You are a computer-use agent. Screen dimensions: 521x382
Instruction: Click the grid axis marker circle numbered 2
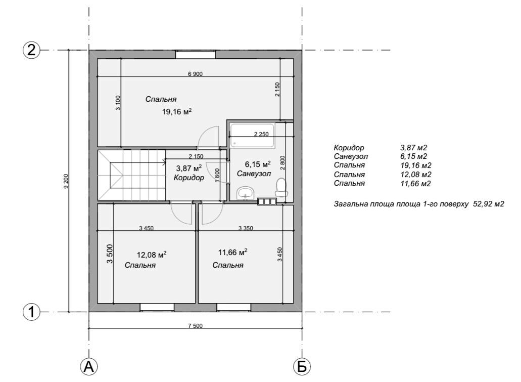coord(31,50)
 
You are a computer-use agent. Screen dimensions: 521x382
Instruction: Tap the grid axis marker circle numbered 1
coord(31,313)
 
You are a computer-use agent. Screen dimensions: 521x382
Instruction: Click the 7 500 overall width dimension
coord(196,326)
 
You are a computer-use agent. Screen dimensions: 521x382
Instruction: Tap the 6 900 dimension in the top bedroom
coord(195,74)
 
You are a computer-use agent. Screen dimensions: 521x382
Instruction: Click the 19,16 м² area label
coord(177,111)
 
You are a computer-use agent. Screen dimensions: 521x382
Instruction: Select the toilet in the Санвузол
coord(281,187)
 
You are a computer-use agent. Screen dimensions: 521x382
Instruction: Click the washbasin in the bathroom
coord(245,193)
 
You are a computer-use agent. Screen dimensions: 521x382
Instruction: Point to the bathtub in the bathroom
coord(253,136)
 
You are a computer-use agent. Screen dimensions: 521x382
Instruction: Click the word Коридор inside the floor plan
coord(188,178)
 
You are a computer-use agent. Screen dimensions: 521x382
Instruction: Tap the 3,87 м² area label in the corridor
coord(188,168)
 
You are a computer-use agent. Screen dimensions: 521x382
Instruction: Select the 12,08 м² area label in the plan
coord(152,255)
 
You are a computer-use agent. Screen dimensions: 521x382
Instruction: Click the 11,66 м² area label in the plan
coord(232,252)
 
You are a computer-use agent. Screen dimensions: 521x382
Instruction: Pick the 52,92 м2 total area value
coord(488,203)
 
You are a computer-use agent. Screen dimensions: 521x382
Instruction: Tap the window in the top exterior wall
coord(196,54)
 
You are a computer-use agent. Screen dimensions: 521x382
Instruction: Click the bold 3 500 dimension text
coord(110,254)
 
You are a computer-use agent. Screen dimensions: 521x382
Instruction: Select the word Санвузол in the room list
coord(351,156)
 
